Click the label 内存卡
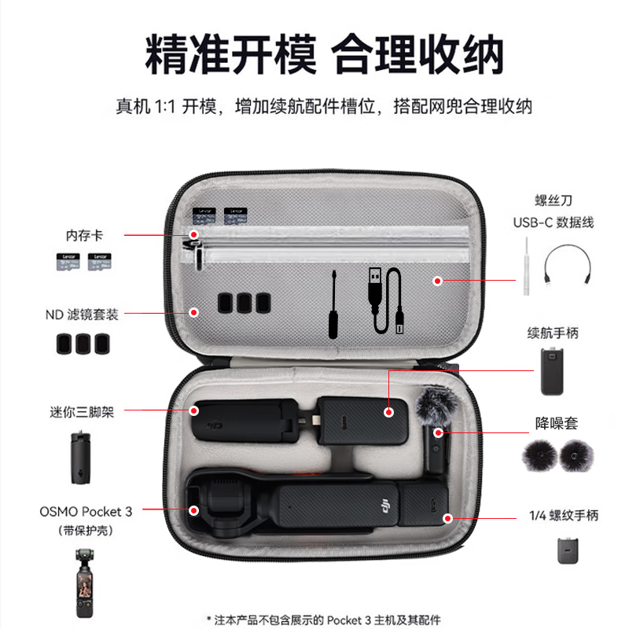click(x=84, y=235)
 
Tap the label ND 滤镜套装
click(x=82, y=314)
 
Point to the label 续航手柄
click(x=553, y=333)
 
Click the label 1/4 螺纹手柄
click(x=563, y=516)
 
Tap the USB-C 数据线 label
click(x=554, y=223)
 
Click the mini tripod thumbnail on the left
click(x=77, y=457)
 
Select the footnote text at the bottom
click(x=323, y=620)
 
